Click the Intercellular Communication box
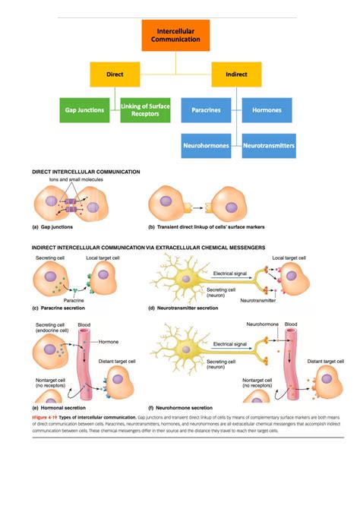pos(175,35)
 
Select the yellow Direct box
pos(115,74)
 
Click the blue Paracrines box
pos(207,110)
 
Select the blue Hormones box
pos(267,110)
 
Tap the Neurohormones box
pos(207,144)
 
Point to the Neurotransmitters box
pos(268,144)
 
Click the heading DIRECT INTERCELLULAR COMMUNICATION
pos(86,172)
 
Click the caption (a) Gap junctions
pos(52,227)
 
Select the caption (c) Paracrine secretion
pos(62,308)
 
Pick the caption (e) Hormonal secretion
pos(62,407)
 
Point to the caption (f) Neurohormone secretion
pos(185,407)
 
